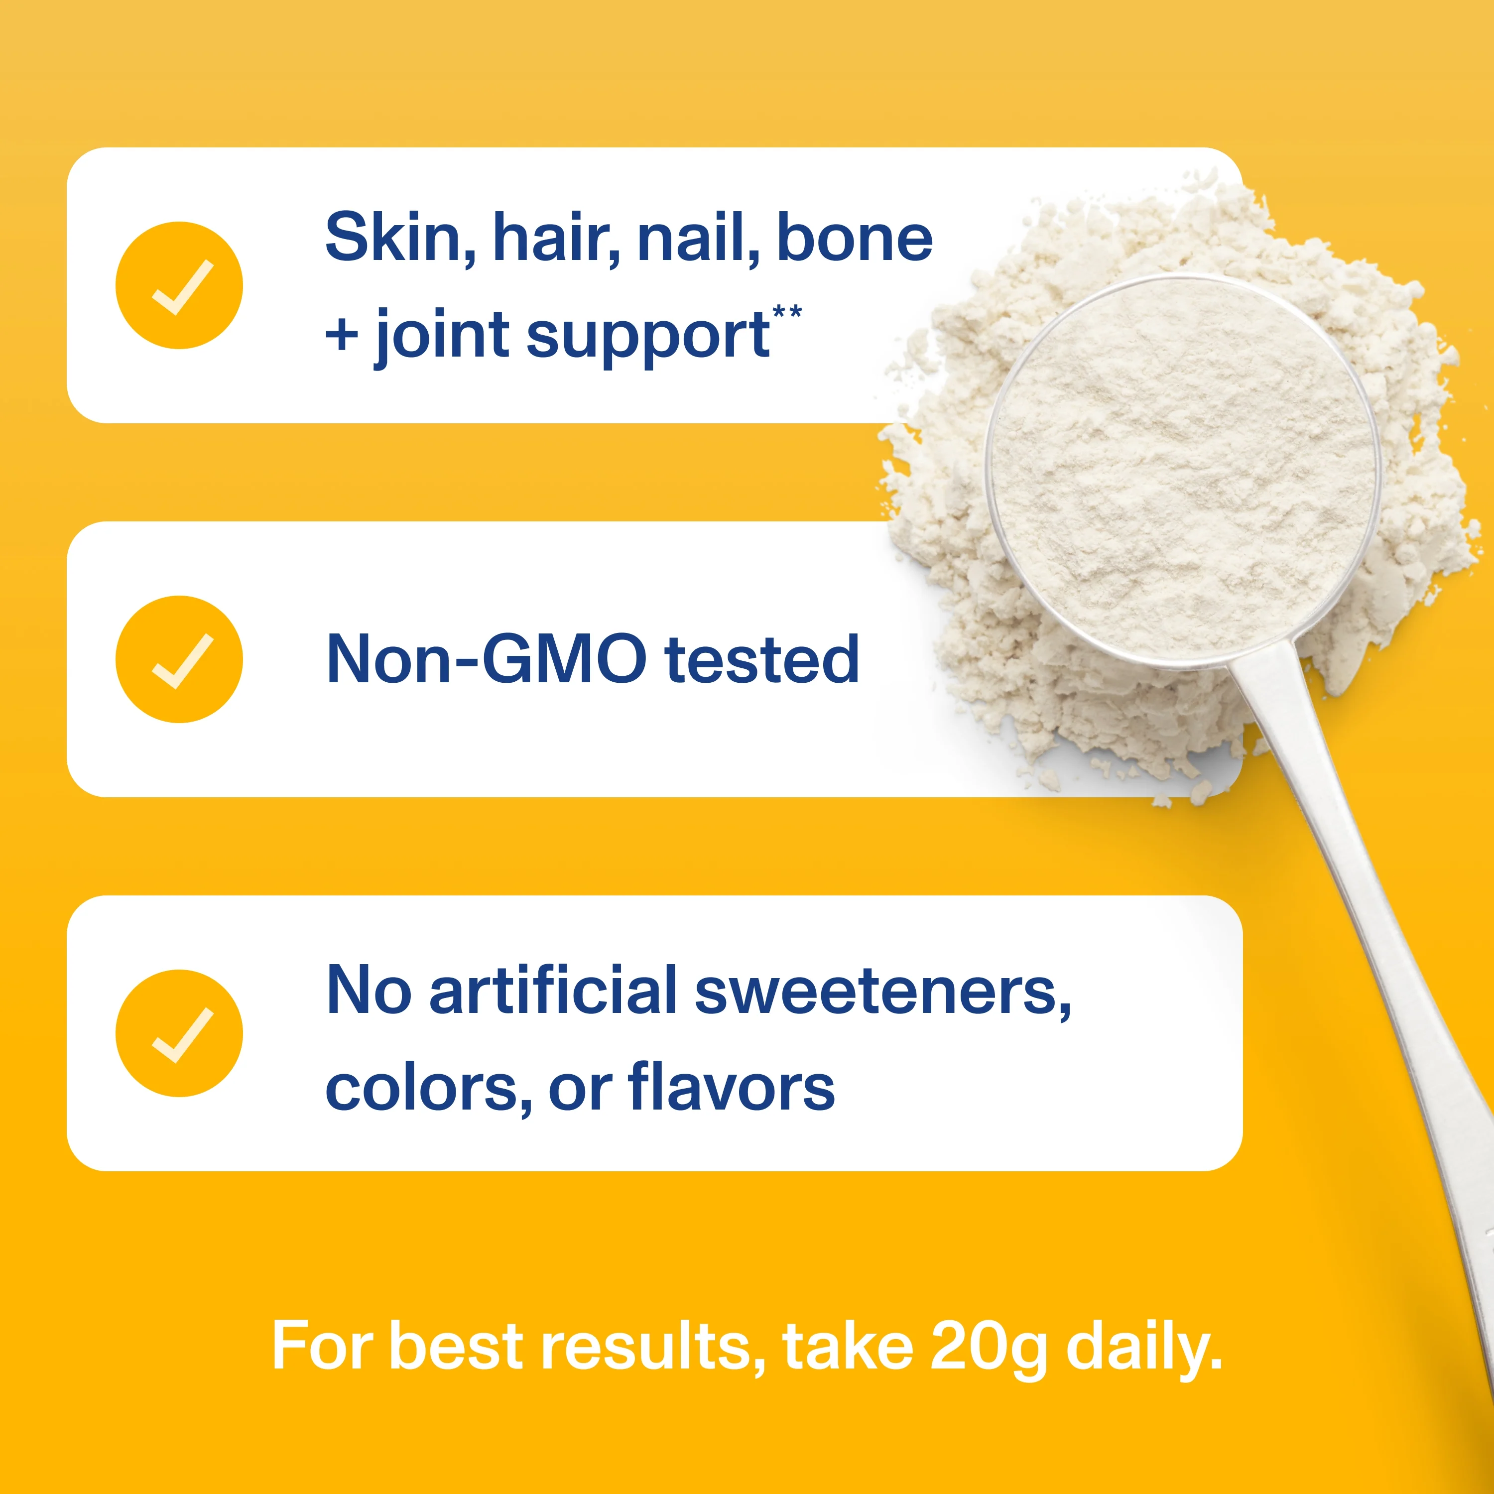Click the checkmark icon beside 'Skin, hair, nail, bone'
point(179,285)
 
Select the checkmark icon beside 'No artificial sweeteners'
point(179,1033)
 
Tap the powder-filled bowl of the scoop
point(1183,472)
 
